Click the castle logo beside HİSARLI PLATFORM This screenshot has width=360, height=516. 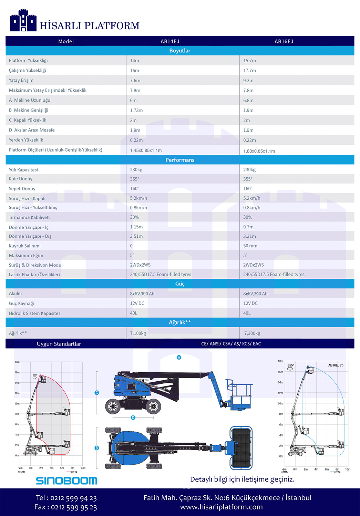pyautogui.click(x=23, y=21)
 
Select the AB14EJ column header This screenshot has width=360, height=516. pyautogui.click(x=170, y=41)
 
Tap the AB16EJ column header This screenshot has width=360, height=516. pyautogui.click(x=284, y=41)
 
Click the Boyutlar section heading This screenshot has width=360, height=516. pyautogui.click(x=180, y=51)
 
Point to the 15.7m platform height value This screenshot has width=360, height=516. pyautogui.click(x=249, y=61)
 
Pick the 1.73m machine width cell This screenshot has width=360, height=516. pyautogui.click(x=136, y=111)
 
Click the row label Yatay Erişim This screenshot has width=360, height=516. pyautogui.click(x=21, y=80)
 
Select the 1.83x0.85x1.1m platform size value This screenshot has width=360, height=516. pyautogui.click(x=259, y=151)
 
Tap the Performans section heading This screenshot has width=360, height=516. pyautogui.click(x=180, y=160)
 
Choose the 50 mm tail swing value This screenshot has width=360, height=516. pyautogui.click(x=250, y=246)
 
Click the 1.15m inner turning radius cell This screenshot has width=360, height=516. pyautogui.click(x=136, y=227)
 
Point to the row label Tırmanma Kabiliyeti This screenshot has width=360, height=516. pyautogui.click(x=29, y=217)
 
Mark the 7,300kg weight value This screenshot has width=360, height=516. pyautogui.click(x=252, y=333)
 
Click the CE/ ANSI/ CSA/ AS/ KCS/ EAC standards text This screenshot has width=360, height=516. pyautogui.click(x=231, y=344)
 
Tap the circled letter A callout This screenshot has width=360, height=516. pyautogui.click(x=179, y=358)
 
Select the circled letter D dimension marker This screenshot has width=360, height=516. pyautogui.click(x=133, y=418)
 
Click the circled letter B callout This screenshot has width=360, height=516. pyautogui.click(x=97, y=448)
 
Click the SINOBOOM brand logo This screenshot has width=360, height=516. pyautogui.click(x=66, y=481)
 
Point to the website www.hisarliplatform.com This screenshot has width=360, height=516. pyautogui.click(x=221, y=507)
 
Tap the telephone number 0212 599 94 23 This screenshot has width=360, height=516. pyautogui.click(x=73, y=498)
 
